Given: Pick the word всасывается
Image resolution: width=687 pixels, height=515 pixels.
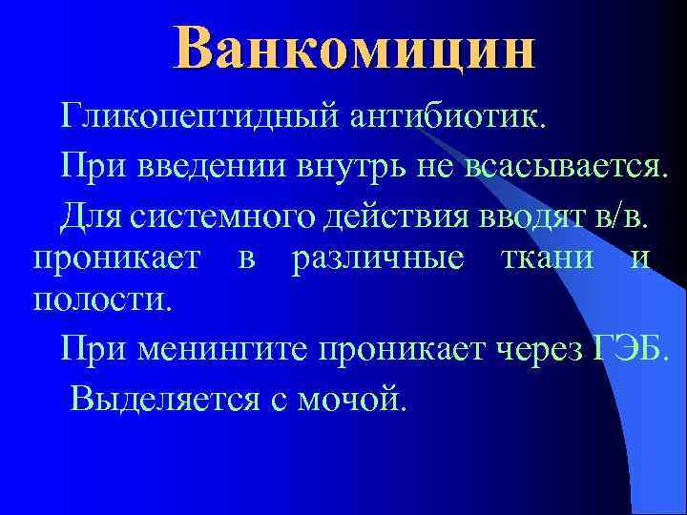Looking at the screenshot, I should tap(569, 168).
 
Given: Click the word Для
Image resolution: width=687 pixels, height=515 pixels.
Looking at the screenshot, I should tap(89, 214).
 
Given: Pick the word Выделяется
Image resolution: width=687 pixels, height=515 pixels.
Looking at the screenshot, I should tap(160, 395).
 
